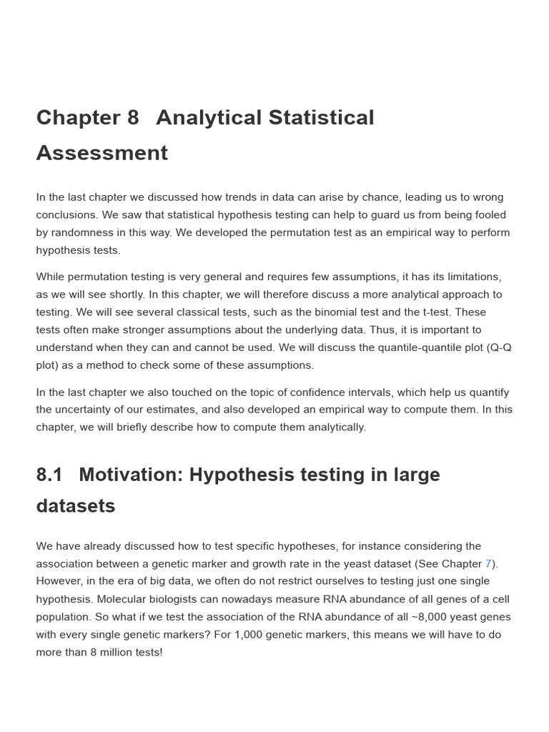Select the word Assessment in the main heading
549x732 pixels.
[x=102, y=153]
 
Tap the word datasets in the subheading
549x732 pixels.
[x=76, y=506]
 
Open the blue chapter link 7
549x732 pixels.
[x=488, y=564]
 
